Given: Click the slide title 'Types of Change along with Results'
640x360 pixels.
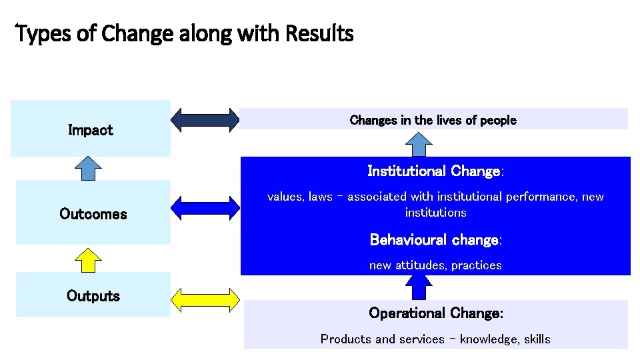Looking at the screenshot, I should (184, 33).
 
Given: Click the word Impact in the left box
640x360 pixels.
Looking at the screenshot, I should (91, 130).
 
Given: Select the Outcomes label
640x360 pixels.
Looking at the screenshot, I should (93, 214).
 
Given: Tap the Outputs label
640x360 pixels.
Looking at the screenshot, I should (93, 296).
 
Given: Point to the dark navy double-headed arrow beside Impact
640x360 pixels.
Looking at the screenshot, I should (205, 120).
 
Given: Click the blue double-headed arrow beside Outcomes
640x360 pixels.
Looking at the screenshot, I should (205, 207).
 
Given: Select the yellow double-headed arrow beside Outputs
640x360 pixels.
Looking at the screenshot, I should (205, 300).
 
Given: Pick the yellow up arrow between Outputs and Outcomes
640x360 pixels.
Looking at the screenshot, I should (87, 259).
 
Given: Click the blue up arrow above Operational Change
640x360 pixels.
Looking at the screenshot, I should (419, 287).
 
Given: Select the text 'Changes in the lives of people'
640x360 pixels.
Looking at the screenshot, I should (433, 120).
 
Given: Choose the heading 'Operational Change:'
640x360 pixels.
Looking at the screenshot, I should (436, 313).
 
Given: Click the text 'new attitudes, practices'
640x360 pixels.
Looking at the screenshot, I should (435, 265).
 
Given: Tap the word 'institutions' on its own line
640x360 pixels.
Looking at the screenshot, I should (435, 213).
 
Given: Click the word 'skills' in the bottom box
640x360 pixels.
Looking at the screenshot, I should (537, 339).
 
